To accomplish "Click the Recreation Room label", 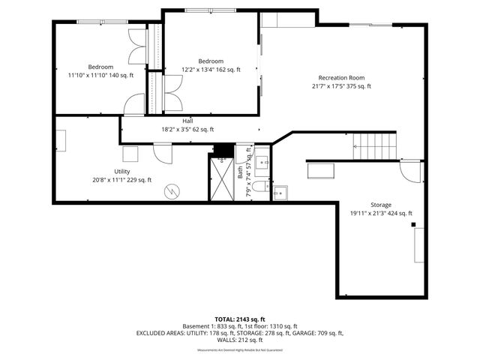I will point(341,77).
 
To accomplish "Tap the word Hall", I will point(187,121).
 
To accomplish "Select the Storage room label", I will point(380,204).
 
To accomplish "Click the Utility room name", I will point(122,171).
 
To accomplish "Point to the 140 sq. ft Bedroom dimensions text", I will point(100,75).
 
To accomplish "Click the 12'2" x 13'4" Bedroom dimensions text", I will point(211,70).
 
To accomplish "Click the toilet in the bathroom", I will point(259,186).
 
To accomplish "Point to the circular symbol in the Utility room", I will point(171,191).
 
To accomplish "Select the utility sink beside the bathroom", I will point(280,194).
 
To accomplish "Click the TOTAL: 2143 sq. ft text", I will point(240,319).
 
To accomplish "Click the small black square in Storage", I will point(412,223).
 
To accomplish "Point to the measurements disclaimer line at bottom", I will point(240,350).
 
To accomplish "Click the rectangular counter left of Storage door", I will point(323,170).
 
